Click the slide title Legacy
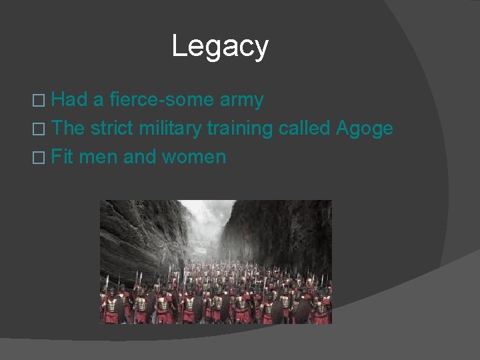220,46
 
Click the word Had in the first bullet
69,100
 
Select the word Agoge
365,129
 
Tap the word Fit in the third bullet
62,157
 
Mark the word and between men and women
139,157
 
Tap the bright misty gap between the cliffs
207,220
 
